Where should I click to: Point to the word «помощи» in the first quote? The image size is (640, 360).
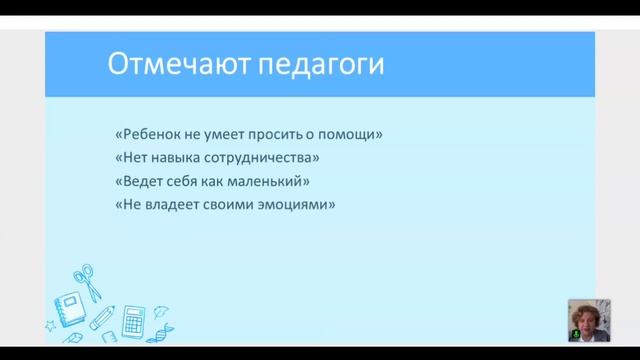point(358,134)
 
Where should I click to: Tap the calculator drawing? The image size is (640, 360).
point(131,321)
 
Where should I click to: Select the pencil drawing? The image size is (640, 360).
point(101,317)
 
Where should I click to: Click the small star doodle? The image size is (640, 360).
point(50,325)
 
